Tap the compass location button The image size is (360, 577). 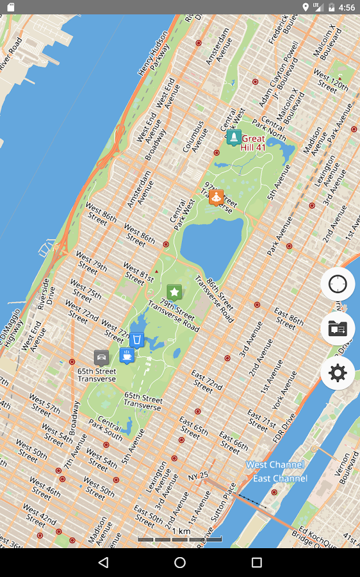[x=338, y=284]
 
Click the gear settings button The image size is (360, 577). [x=338, y=372]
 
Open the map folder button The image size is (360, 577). [x=338, y=328]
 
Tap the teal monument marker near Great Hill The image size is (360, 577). [x=234, y=137]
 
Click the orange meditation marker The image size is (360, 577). [x=217, y=196]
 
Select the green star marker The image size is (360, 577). [x=174, y=292]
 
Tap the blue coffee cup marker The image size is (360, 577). [x=127, y=355]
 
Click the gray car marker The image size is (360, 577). [x=101, y=357]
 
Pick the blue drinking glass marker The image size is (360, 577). [x=136, y=339]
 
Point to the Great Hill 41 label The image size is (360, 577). [x=253, y=143]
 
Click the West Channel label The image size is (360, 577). [x=275, y=465]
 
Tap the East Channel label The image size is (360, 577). [x=280, y=478]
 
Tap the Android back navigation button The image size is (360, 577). [x=103, y=562]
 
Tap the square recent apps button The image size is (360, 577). [x=257, y=562]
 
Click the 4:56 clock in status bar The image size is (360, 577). [x=347, y=8]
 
